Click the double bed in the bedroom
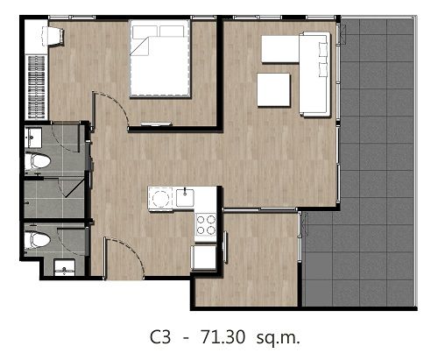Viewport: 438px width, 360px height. [159, 59]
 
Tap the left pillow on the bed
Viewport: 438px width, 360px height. [145, 32]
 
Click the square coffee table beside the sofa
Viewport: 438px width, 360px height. [273, 90]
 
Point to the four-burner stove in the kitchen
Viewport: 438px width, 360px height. [206, 224]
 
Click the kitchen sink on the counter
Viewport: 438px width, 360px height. [185, 198]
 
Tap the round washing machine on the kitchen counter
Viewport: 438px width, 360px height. [160, 199]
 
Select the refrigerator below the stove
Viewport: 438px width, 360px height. [203, 258]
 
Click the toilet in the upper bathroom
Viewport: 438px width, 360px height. [38, 162]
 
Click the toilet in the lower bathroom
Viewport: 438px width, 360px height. [38, 240]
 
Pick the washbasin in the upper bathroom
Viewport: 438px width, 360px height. [32, 138]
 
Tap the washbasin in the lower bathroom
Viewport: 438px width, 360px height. [64, 268]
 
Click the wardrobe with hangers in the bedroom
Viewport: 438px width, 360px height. [36, 87]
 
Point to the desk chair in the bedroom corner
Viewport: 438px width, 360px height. [53, 36]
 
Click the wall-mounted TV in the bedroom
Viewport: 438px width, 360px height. [156, 124]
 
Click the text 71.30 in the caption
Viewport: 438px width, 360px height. [223, 337]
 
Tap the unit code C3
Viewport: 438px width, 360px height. [160, 337]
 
